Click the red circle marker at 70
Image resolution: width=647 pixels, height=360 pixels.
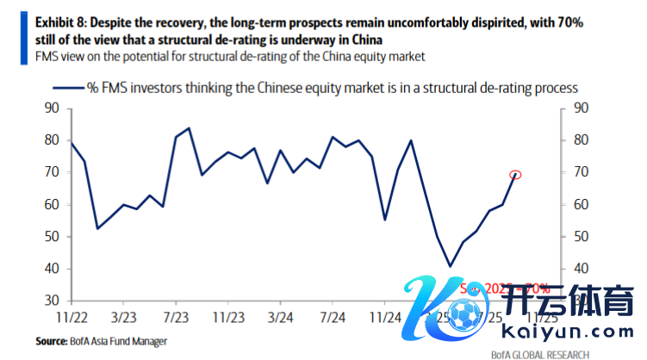pyautogui.click(x=516, y=175)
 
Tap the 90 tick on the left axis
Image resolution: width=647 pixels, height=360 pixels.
pyautogui.click(x=51, y=108)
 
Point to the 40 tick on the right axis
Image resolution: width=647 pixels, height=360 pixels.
pyautogui.click(x=581, y=269)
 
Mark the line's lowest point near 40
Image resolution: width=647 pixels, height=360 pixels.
pyautogui.click(x=450, y=266)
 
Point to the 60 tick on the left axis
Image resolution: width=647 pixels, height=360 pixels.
pyautogui.click(x=51, y=204)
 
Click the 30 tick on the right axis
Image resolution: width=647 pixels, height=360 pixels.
pyautogui.click(x=581, y=301)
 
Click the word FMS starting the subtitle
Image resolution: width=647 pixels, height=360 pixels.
pyautogui.click(x=49, y=56)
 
